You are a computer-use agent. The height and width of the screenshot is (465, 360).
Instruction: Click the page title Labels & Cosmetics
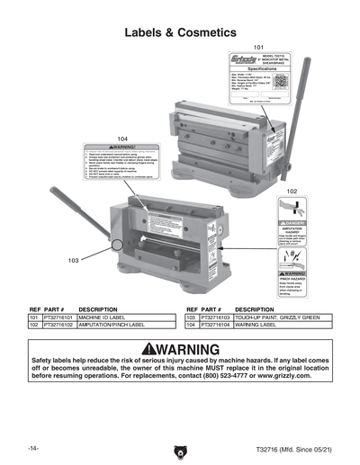[x=180, y=32]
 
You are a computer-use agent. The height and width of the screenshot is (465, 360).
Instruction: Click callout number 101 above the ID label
[x=259, y=47]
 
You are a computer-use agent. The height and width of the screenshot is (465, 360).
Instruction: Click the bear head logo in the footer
[x=179, y=447]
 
